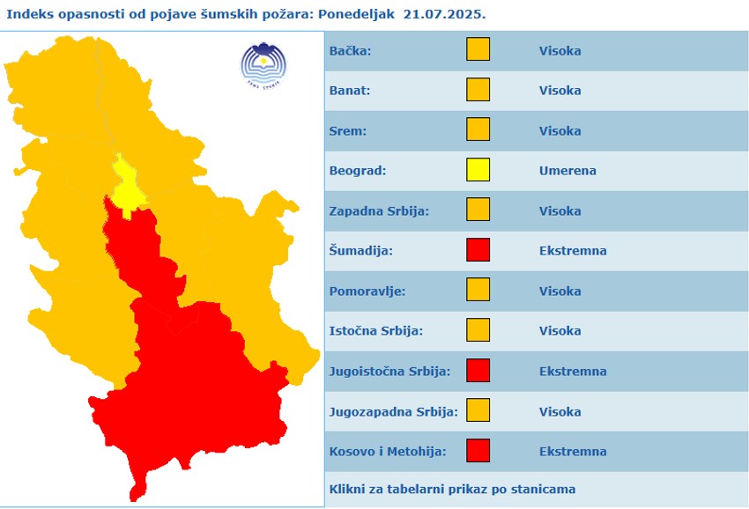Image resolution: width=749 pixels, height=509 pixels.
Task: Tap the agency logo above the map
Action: [x=263, y=63]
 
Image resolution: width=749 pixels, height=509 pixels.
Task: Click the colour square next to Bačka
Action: [x=478, y=50]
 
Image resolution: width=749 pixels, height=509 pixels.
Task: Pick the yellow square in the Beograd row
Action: [x=478, y=170]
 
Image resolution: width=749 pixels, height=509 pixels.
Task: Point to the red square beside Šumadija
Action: [x=478, y=250]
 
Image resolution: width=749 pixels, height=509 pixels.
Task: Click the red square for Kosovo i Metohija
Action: [x=478, y=451]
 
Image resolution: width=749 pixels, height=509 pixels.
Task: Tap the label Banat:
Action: [x=350, y=91]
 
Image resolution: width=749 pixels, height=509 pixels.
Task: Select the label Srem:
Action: [x=347, y=130]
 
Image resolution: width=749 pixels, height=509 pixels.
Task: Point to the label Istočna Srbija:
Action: [x=375, y=331]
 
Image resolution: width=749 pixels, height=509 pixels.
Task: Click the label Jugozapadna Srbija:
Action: [x=393, y=411]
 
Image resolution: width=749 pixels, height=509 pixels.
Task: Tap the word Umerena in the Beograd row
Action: [x=567, y=171]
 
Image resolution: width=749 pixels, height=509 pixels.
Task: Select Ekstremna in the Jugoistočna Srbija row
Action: [x=573, y=371]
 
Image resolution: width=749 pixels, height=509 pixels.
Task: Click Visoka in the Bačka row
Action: [x=560, y=50]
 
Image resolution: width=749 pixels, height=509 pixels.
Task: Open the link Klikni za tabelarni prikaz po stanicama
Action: [x=452, y=489]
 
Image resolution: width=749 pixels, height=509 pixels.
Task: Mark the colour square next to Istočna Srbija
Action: [x=478, y=330]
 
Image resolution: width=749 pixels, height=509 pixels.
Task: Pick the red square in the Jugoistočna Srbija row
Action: [x=478, y=371]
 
